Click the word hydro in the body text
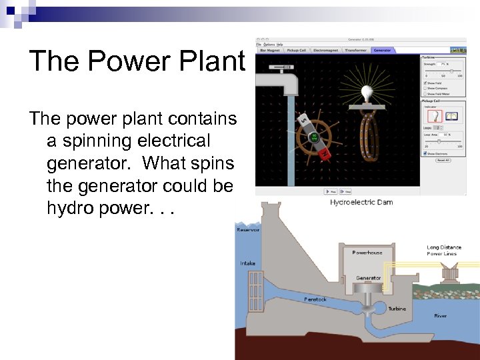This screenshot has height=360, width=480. (67, 208)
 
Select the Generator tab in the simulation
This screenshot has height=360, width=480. (382, 50)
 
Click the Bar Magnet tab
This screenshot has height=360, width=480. (270, 50)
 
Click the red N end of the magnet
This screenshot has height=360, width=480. (325, 155)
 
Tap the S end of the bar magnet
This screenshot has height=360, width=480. (303, 121)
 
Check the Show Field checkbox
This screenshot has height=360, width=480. (425, 82)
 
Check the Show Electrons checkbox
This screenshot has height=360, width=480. (425, 153)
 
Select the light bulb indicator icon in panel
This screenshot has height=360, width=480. (433, 115)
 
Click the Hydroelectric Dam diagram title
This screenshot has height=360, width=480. (362, 202)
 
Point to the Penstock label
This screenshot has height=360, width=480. (315, 299)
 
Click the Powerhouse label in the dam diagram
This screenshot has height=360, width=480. (367, 253)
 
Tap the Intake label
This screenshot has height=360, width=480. (247, 263)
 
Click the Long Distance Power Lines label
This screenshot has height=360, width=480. (444, 251)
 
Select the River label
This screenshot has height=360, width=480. (440, 315)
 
